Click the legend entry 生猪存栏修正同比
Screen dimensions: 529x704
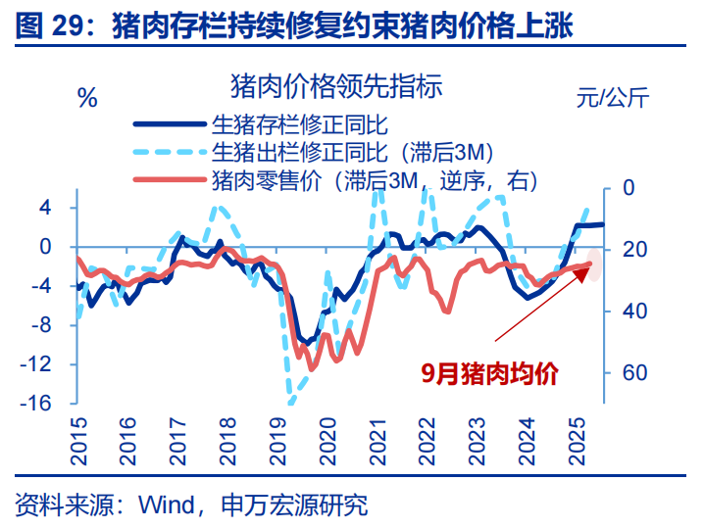(300, 124)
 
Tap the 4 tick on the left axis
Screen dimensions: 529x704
(44, 208)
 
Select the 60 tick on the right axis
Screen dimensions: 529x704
(631, 373)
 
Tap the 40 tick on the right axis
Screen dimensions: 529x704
(631, 311)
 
